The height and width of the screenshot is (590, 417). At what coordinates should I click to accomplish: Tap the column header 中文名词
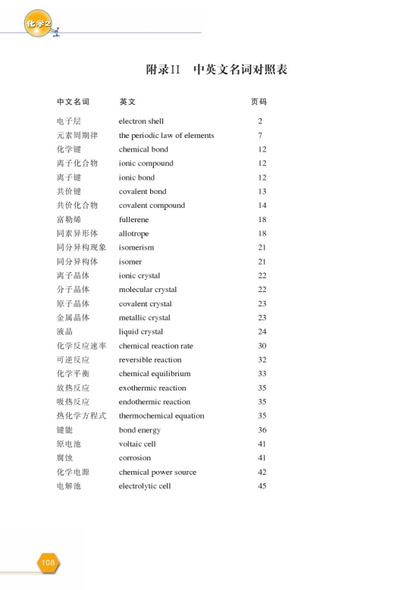coord(73,102)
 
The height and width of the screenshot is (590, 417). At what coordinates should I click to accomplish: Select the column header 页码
coord(259,102)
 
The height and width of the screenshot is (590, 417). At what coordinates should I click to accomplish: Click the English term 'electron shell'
coord(141,121)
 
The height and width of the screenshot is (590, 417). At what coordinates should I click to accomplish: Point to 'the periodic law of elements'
coord(166,136)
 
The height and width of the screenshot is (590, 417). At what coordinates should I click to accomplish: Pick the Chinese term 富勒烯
coord(68,220)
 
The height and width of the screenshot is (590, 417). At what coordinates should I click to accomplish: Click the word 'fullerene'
coord(134,220)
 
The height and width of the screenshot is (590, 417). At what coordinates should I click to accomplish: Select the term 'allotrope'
coord(133,234)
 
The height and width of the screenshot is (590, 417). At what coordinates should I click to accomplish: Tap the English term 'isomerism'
coord(136,248)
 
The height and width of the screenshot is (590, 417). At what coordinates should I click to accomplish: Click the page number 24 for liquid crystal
coord(262,332)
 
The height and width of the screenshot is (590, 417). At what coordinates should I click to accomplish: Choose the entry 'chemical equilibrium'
coord(155,374)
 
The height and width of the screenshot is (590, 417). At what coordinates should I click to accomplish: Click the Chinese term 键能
coord(64,430)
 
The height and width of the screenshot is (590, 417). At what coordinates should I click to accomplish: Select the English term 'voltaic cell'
coord(137,444)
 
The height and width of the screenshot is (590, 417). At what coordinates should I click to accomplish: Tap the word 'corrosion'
coord(135,458)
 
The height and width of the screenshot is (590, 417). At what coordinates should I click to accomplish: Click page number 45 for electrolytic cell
coord(262,486)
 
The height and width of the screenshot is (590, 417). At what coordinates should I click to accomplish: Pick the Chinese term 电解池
coord(68,486)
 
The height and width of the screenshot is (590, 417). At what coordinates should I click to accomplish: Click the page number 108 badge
coord(49,562)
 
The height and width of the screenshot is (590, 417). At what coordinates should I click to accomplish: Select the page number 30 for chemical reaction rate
coord(262,346)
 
